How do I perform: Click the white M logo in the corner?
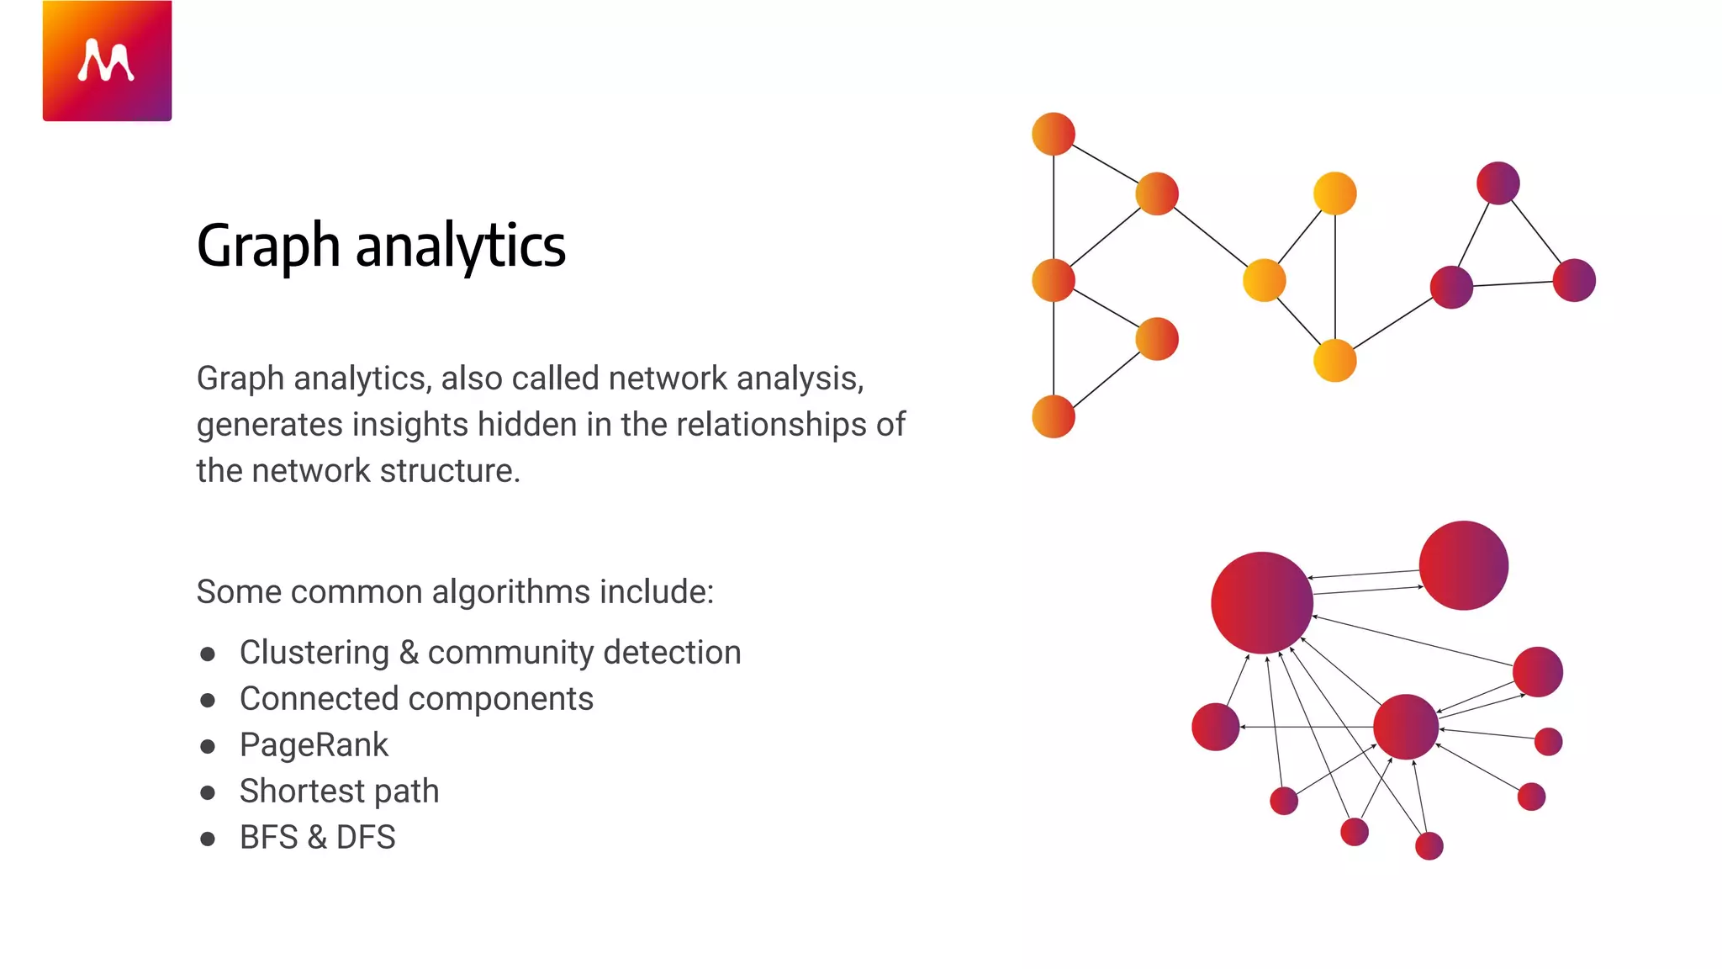click(106, 61)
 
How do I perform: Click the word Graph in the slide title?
click(267, 246)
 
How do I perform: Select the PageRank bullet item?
click(314, 745)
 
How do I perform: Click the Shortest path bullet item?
click(339, 792)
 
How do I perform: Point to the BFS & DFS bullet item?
click(317, 838)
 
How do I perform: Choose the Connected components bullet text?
click(416, 699)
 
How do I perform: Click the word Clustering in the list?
click(314, 653)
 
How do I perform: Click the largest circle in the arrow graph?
click(1261, 602)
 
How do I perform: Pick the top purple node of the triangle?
click(1498, 183)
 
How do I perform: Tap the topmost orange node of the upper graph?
click(1053, 134)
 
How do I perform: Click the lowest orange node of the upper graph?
click(1053, 416)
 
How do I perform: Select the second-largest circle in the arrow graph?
click(1463, 565)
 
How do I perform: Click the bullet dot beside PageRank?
click(208, 746)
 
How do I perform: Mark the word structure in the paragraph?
click(446, 471)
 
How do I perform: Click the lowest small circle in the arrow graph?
click(1429, 845)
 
